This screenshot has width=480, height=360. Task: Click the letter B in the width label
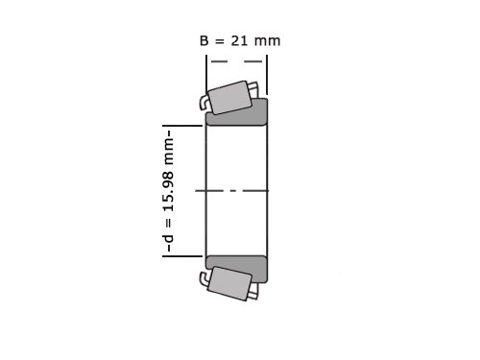pyautogui.click(x=204, y=41)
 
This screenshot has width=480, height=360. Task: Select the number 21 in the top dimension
pyautogui.click(x=239, y=41)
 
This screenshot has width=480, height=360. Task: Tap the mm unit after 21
pyautogui.click(x=267, y=42)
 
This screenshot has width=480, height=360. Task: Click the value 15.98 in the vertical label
pyautogui.click(x=169, y=191)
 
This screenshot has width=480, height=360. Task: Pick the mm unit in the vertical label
pyautogui.click(x=169, y=152)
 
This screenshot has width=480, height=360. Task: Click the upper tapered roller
pyautogui.click(x=229, y=98)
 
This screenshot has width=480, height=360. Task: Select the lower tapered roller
pyautogui.click(x=229, y=284)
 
